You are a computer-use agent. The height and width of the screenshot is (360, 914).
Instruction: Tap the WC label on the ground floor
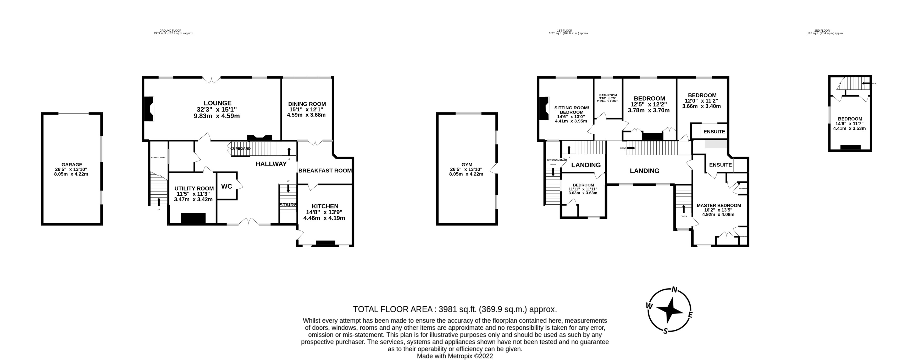tap(226, 186)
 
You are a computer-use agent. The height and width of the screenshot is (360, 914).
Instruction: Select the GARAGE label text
tap(72, 165)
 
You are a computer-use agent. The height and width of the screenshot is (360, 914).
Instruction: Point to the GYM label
tap(467, 165)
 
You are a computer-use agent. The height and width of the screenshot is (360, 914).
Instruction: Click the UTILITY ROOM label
tap(194, 188)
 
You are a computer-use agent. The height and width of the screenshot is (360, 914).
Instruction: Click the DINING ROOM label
tap(307, 104)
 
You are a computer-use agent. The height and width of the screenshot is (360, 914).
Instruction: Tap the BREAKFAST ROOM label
tap(325, 171)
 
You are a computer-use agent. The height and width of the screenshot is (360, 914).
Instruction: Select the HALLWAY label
tap(271, 164)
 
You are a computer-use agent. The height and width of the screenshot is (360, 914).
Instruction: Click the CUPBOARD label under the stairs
tap(241, 149)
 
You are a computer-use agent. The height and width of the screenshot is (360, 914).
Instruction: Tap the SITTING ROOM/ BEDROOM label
tap(571, 110)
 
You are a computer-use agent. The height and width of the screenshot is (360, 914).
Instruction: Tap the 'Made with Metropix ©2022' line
tap(455, 356)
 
